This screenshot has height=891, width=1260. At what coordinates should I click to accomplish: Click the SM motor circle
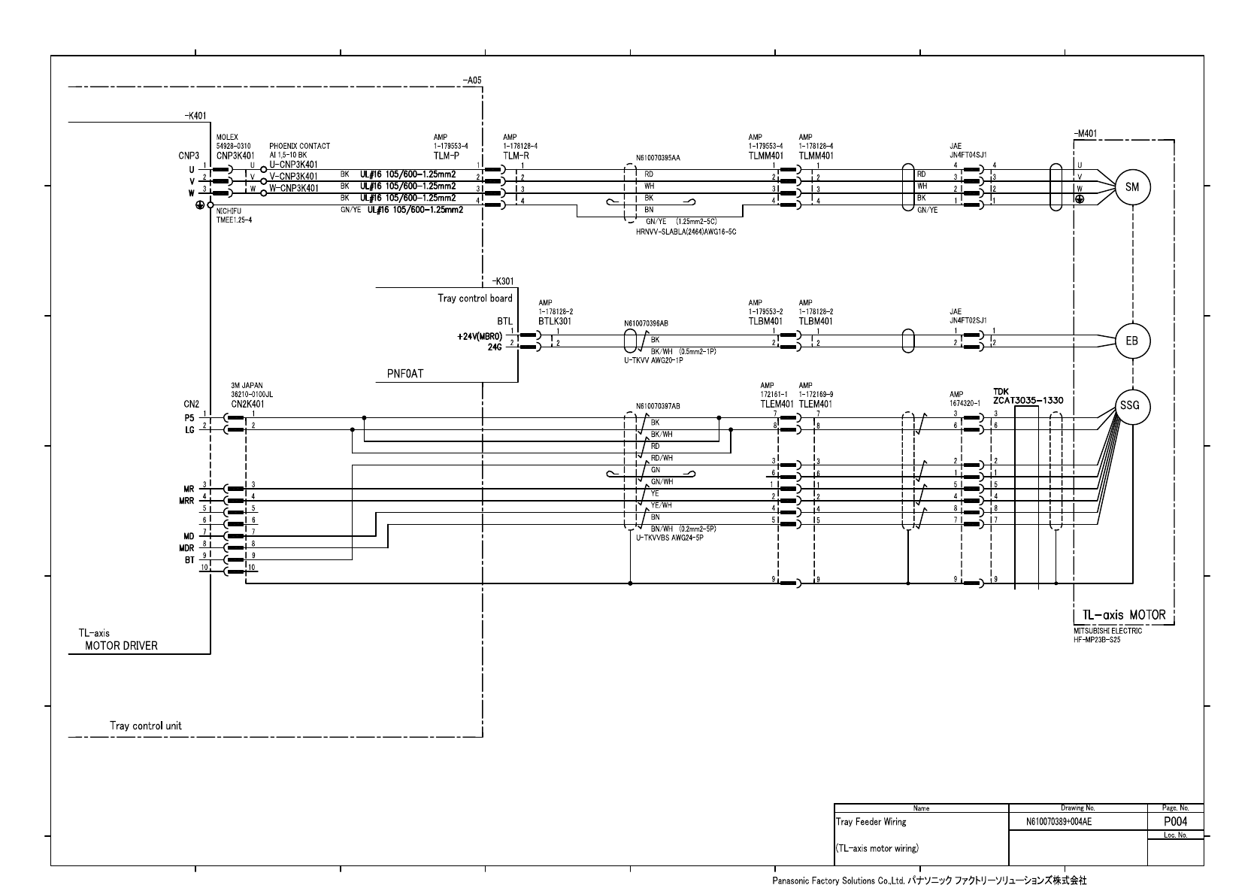[x=1132, y=187]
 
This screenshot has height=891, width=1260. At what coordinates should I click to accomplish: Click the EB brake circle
[x=1132, y=341]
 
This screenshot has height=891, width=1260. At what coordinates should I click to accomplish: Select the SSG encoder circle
[x=1130, y=406]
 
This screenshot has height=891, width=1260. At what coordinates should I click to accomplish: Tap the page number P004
[x=1175, y=822]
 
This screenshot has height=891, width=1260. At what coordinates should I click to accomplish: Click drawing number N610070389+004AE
[x=1059, y=822]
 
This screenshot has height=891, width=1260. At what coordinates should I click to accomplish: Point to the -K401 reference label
[x=195, y=116]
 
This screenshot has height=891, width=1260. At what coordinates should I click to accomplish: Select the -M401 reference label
[x=1086, y=134]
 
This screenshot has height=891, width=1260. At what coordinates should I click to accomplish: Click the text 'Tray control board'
[x=475, y=299]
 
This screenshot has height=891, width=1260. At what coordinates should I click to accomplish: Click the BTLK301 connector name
[x=556, y=321]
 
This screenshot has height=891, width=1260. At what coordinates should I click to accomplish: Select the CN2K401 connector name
[x=247, y=404]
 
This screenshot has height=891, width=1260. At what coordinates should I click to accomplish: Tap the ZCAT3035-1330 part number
[x=1028, y=400]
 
